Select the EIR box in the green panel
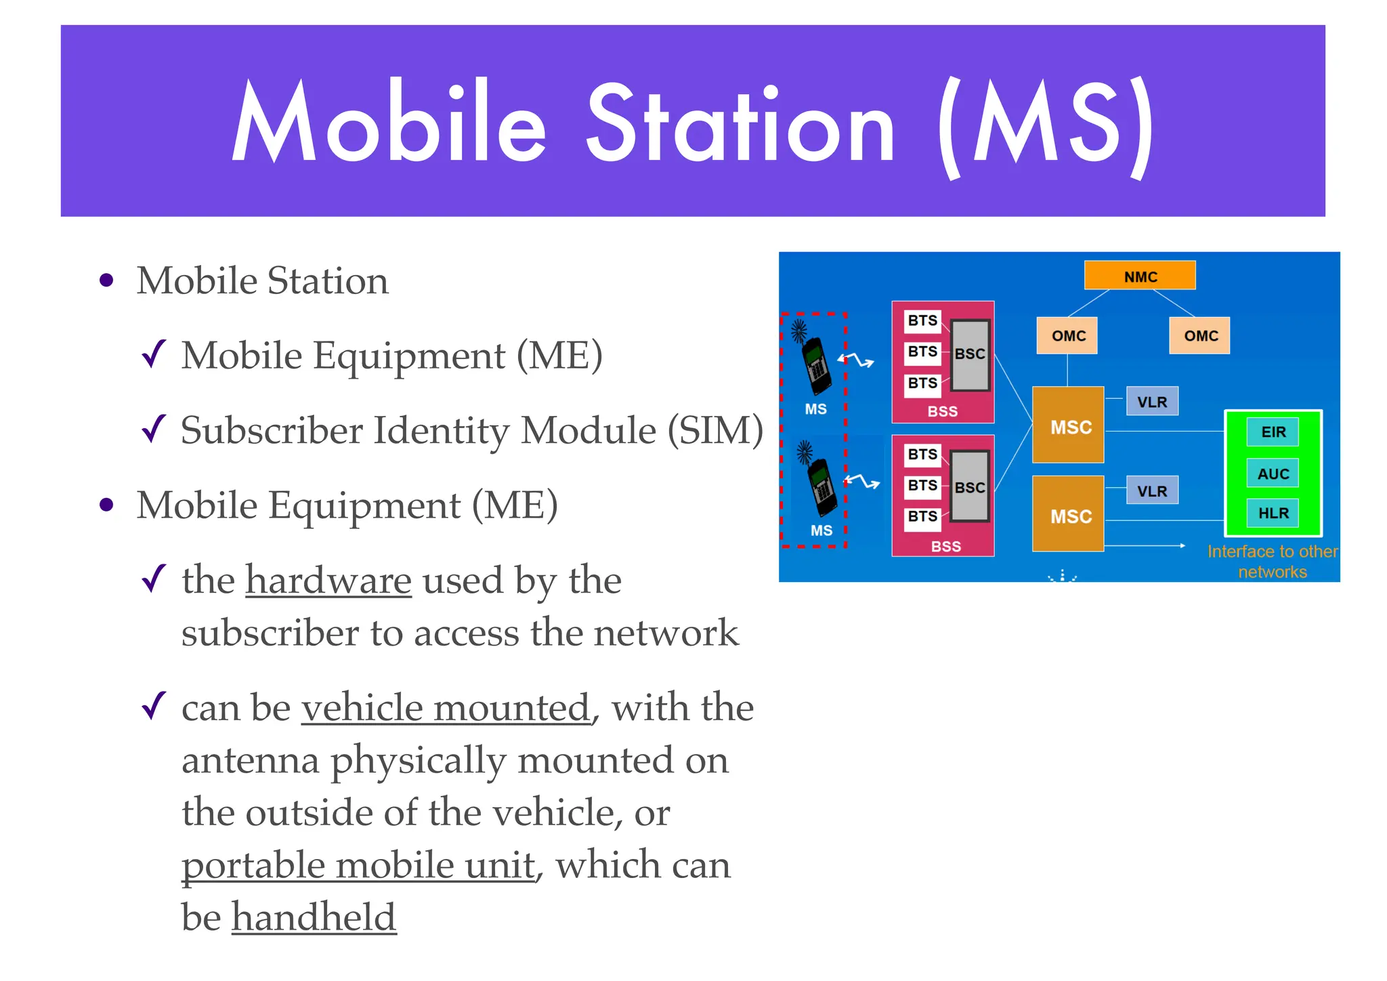click(x=1273, y=432)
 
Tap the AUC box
click(x=1273, y=474)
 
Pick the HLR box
click(x=1273, y=513)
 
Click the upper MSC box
click(x=1068, y=426)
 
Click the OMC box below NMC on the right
click(x=1199, y=335)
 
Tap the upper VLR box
click(x=1152, y=402)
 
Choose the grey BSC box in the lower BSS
click(x=970, y=486)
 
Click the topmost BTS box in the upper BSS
click(x=922, y=320)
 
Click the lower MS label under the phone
click(x=821, y=530)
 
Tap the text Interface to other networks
click(x=1272, y=562)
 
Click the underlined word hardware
click(x=328, y=581)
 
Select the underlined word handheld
click(x=314, y=917)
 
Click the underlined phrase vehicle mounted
click(x=446, y=708)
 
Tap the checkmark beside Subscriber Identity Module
click(x=154, y=429)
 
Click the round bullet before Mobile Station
click(x=106, y=280)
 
